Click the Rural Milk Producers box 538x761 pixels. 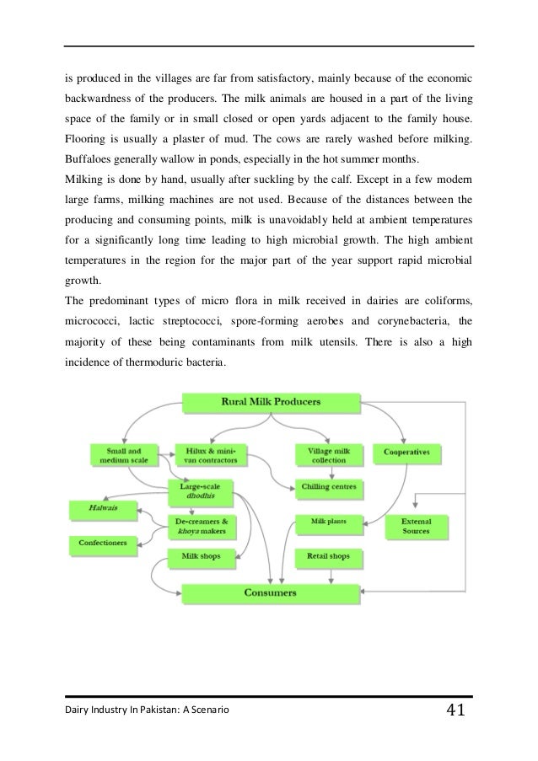(272, 403)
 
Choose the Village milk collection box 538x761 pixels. (328, 455)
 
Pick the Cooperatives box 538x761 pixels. (408, 453)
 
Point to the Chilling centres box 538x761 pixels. (328, 487)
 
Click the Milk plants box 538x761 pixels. (328, 521)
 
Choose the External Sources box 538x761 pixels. (416, 526)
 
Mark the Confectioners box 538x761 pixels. (103, 544)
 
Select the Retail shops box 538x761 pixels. (328, 557)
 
